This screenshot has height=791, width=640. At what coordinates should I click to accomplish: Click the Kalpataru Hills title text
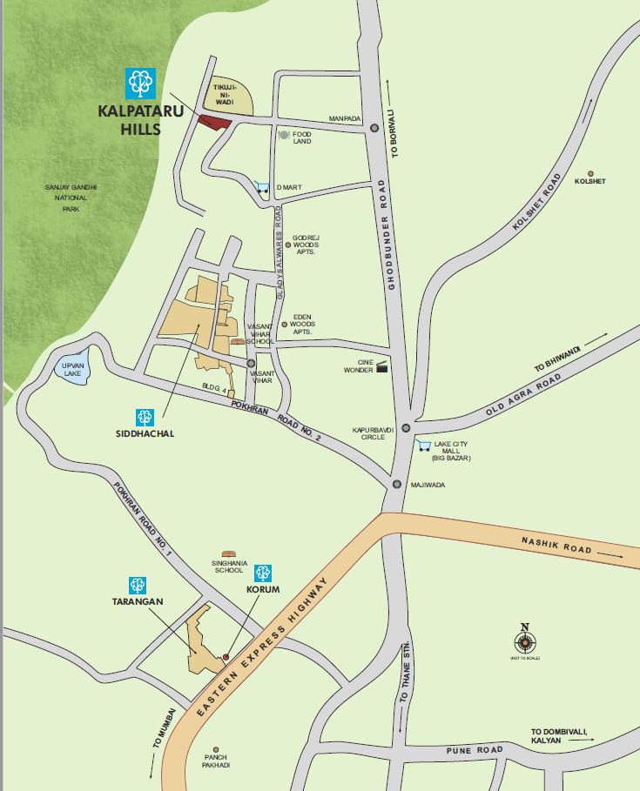pyautogui.click(x=130, y=120)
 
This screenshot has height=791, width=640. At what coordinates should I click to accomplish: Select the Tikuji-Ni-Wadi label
pyautogui.click(x=227, y=95)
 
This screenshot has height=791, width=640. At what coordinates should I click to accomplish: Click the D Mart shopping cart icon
pyautogui.click(x=262, y=186)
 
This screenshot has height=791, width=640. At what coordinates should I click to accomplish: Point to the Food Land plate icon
pyautogui.click(x=284, y=136)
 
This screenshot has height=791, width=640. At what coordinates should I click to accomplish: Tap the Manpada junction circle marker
pyautogui.click(x=374, y=127)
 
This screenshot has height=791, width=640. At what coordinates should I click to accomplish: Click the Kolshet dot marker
pyautogui.click(x=591, y=172)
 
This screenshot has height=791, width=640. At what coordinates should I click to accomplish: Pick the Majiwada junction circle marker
pyautogui.click(x=396, y=485)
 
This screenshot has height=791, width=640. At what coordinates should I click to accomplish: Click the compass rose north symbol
pyautogui.click(x=525, y=642)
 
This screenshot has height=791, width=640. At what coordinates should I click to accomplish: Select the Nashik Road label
pyautogui.click(x=556, y=546)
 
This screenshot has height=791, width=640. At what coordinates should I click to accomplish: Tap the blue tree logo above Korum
pyautogui.click(x=263, y=573)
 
